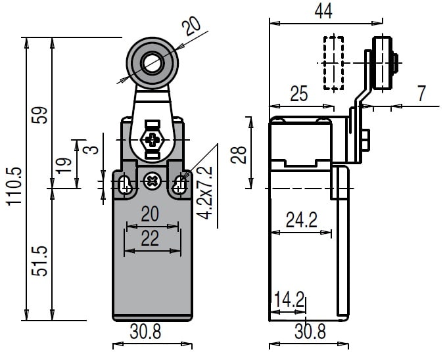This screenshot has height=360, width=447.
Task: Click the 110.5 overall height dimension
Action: click(x=14, y=186)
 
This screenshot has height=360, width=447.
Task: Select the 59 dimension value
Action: click(x=40, y=116)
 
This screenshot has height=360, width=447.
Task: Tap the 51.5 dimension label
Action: click(x=40, y=261)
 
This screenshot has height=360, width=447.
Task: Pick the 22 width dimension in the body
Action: click(x=151, y=238)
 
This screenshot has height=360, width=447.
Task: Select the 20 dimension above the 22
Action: click(x=151, y=214)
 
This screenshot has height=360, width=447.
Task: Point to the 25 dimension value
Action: click(x=298, y=94)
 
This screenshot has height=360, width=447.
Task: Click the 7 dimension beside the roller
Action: click(x=421, y=94)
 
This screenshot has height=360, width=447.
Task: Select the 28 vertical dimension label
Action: click(x=240, y=154)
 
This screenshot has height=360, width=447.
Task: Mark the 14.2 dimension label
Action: click(x=289, y=300)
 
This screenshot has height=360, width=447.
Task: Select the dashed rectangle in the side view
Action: click(x=333, y=63)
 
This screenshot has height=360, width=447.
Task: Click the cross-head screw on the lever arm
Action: click(x=153, y=140)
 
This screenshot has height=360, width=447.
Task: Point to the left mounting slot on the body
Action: click(x=126, y=186)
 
